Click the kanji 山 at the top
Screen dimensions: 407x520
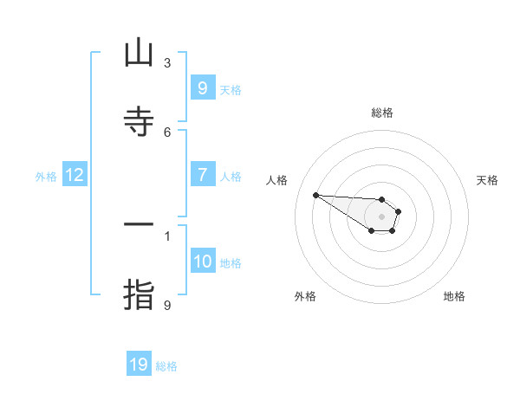click(139, 54)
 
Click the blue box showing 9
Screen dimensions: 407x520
click(202, 87)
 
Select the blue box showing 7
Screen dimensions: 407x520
click(202, 174)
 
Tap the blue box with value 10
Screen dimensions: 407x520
click(203, 261)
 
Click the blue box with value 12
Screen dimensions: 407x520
click(74, 175)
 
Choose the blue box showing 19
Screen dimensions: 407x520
click(139, 365)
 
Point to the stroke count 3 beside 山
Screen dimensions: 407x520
click(167, 63)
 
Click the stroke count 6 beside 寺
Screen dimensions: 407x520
click(167, 132)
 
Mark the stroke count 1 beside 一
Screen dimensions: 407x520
click(167, 236)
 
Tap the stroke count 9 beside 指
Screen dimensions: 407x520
click(167, 305)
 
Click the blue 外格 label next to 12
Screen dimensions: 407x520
click(46, 176)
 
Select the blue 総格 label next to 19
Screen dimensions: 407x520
click(166, 366)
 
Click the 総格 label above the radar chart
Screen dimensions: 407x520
click(382, 113)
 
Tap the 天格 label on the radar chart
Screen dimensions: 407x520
click(487, 180)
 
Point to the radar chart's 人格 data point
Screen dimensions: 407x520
click(315, 195)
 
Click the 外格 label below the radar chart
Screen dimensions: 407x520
click(305, 296)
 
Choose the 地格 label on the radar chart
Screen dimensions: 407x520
click(454, 296)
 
